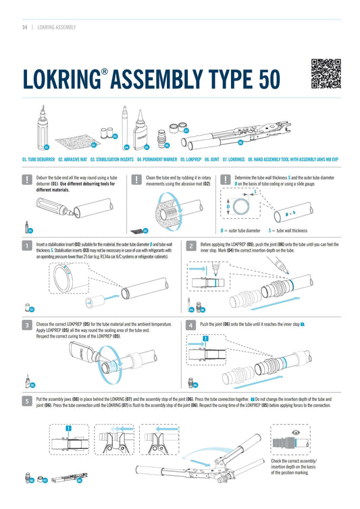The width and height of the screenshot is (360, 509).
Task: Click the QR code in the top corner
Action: (x=326, y=74)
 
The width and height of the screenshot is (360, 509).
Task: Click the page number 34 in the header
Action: (x=25, y=27)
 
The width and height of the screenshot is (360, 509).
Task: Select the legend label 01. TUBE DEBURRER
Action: (x=38, y=159)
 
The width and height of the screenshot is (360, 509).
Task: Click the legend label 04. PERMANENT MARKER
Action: (x=157, y=159)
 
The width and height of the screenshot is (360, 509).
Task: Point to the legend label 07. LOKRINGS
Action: (x=234, y=159)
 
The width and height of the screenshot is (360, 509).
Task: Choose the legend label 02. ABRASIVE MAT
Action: (x=72, y=159)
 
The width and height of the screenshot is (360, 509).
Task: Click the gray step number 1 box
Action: (x=27, y=246)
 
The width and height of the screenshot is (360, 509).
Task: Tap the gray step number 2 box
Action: (x=191, y=246)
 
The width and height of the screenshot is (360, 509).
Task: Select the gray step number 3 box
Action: (x=27, y=325)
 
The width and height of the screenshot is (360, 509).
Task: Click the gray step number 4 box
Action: (x=191, y=325)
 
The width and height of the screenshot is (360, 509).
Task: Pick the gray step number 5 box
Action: (x=27, y=401)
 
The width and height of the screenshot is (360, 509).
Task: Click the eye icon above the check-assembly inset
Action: (x=295, y=433)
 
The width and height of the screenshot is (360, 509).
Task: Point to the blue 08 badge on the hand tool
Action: (x=240, y=142)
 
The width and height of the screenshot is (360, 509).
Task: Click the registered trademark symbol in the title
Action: (x=104, y=72)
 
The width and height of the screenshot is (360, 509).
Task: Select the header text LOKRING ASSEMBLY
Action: (x=57, y=27)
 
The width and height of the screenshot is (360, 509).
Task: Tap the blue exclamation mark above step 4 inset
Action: (x=205, y=339)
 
